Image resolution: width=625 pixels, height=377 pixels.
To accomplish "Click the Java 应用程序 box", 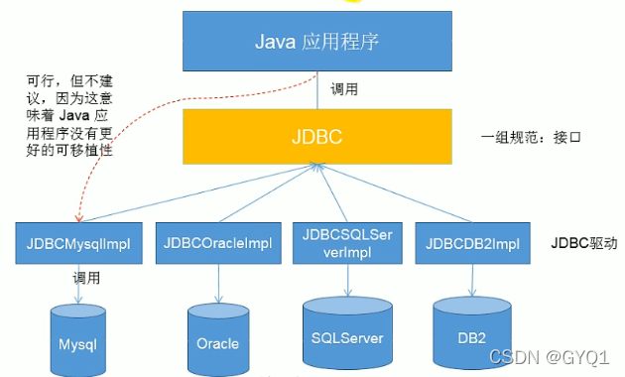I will click(316, 43).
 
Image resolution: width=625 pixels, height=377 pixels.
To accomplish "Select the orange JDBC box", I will click(316, 136).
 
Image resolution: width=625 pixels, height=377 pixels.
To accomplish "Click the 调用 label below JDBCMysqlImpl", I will click(87, 279).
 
